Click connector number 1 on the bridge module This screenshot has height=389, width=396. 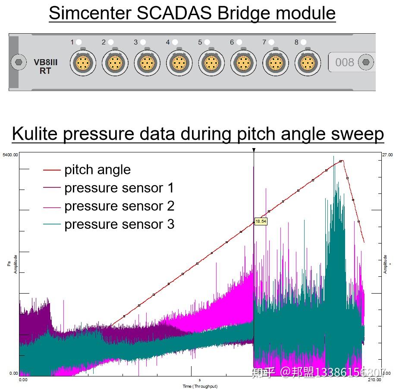[x=83, y=63]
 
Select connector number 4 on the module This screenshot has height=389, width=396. [x=179, y=63]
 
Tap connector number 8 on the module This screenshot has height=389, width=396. [x=308, y=63]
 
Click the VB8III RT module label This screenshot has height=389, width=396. [x=45, y=66]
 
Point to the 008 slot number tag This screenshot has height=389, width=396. [x=345, y=63]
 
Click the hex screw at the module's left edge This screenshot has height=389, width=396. [x=18, y=62]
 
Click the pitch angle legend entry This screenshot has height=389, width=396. [x=97, y=170]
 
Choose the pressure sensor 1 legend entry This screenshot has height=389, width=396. [x=119, y=188]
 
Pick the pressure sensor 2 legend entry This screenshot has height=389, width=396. [x=119, y=206]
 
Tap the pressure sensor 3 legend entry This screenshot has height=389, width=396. [x=119, y=224]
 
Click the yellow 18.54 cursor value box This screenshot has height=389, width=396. [x=261, y=221]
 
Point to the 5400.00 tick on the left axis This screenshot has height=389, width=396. [x=10, y=154]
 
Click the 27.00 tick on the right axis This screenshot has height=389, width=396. [x=387, y=154]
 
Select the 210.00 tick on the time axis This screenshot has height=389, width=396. [x=374, y=380]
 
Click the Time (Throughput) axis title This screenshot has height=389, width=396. [x=200, y=386]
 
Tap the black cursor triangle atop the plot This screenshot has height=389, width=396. [x=254, y=150]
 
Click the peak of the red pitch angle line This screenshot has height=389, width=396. [x=341, y=161]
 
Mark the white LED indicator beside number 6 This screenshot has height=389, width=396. [x=239, y=42]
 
